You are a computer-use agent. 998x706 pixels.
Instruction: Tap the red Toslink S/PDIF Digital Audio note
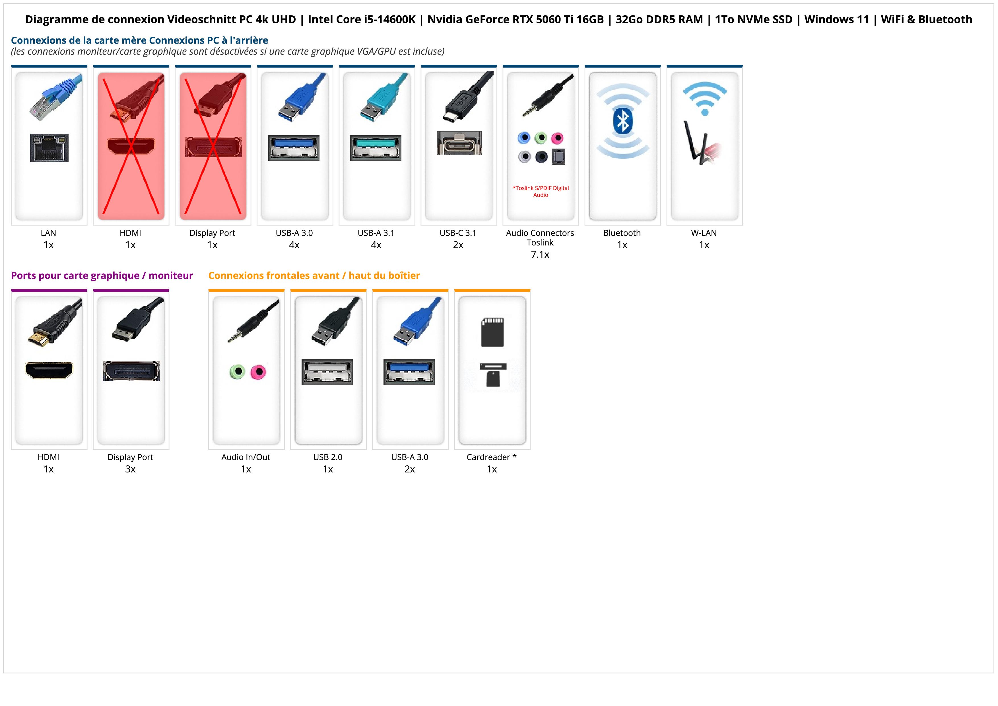[540, 191]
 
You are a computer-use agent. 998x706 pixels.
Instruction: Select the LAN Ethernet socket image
[49, 148]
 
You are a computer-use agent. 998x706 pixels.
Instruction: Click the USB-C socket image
[459, 143]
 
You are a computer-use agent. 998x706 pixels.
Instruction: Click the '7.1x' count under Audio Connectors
[540, 255]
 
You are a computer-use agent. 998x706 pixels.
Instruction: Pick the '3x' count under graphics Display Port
[130, 469]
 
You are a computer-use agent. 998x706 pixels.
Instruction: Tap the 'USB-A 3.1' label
[376, 233]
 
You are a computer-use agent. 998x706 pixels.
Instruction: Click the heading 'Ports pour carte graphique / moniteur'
[102, 275]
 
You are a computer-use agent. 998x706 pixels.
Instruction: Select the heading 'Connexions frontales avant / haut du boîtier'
[314, 275]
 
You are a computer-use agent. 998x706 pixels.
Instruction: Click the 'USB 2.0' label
[328, 457]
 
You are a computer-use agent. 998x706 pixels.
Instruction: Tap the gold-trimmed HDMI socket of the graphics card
[49, 370]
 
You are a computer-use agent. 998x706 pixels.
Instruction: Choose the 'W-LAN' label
[704, 233]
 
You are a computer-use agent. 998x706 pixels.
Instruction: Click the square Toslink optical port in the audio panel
[558, 157]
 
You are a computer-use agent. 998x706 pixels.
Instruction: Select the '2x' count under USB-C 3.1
[458, 245]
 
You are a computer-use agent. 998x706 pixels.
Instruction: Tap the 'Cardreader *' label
[492, 457]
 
